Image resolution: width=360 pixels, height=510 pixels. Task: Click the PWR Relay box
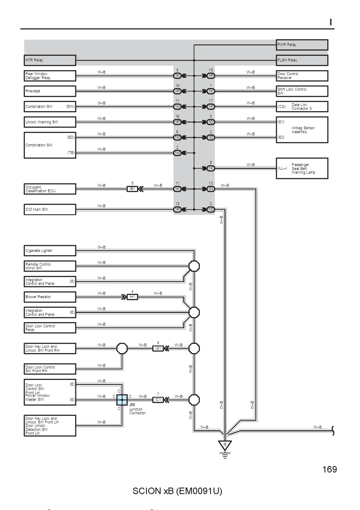click(x=302, y=45)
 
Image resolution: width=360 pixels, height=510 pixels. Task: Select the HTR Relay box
click(x=50, y=60)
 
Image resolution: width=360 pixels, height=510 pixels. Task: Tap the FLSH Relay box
click(x=302, y=60)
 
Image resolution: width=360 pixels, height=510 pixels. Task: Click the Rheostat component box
click(x=50, y=91)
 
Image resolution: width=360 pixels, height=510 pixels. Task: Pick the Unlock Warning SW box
click(x=50, y=122)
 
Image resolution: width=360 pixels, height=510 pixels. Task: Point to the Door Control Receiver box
click(x=302, y=76)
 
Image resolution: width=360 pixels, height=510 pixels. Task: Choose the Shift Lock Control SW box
click(x=302, y=91)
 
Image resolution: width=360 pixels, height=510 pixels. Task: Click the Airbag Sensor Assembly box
click(x=302, y=130)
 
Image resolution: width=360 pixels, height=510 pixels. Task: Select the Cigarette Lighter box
click(x=50, y=251)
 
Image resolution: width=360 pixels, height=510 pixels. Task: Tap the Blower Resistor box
click(x=50, y=297)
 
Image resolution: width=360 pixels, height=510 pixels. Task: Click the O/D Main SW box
click(x=50, y=210)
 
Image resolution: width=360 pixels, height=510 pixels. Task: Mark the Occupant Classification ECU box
click(x=50, y=189)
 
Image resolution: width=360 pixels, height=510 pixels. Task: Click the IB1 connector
click(x=132, y=189)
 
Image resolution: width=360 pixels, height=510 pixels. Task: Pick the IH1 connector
click(x=132, y=297)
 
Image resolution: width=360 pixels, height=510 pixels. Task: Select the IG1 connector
click(x=158, y=348)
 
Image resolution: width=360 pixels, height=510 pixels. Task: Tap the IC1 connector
click(x=158, y=400)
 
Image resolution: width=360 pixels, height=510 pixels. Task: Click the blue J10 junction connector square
click(x=122, y=400)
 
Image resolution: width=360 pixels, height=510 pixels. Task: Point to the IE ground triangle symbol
click(x=225, y=445)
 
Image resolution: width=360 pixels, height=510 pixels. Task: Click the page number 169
click(x=329, y=469)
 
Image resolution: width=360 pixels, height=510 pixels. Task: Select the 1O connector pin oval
click(x=211, y=210)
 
